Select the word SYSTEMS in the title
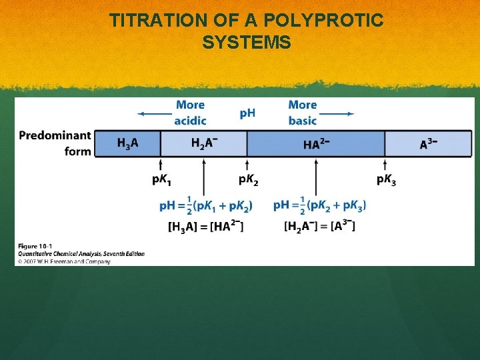point(247,43)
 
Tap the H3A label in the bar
point(128,143)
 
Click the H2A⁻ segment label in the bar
point(204,143)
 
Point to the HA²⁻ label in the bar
point(315,144)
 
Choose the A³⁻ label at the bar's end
point(429,143)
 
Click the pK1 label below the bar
point(161,180)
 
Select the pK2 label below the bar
point(248,180)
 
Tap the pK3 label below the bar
point(386,180)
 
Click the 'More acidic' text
point(190,113)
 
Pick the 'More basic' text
point(302,113)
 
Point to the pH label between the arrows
point(247,113)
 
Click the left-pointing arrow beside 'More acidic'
point(155,114)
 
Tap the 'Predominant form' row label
point(55,143)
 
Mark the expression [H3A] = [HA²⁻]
point(205,227)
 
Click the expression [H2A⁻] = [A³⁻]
point(319,227)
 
